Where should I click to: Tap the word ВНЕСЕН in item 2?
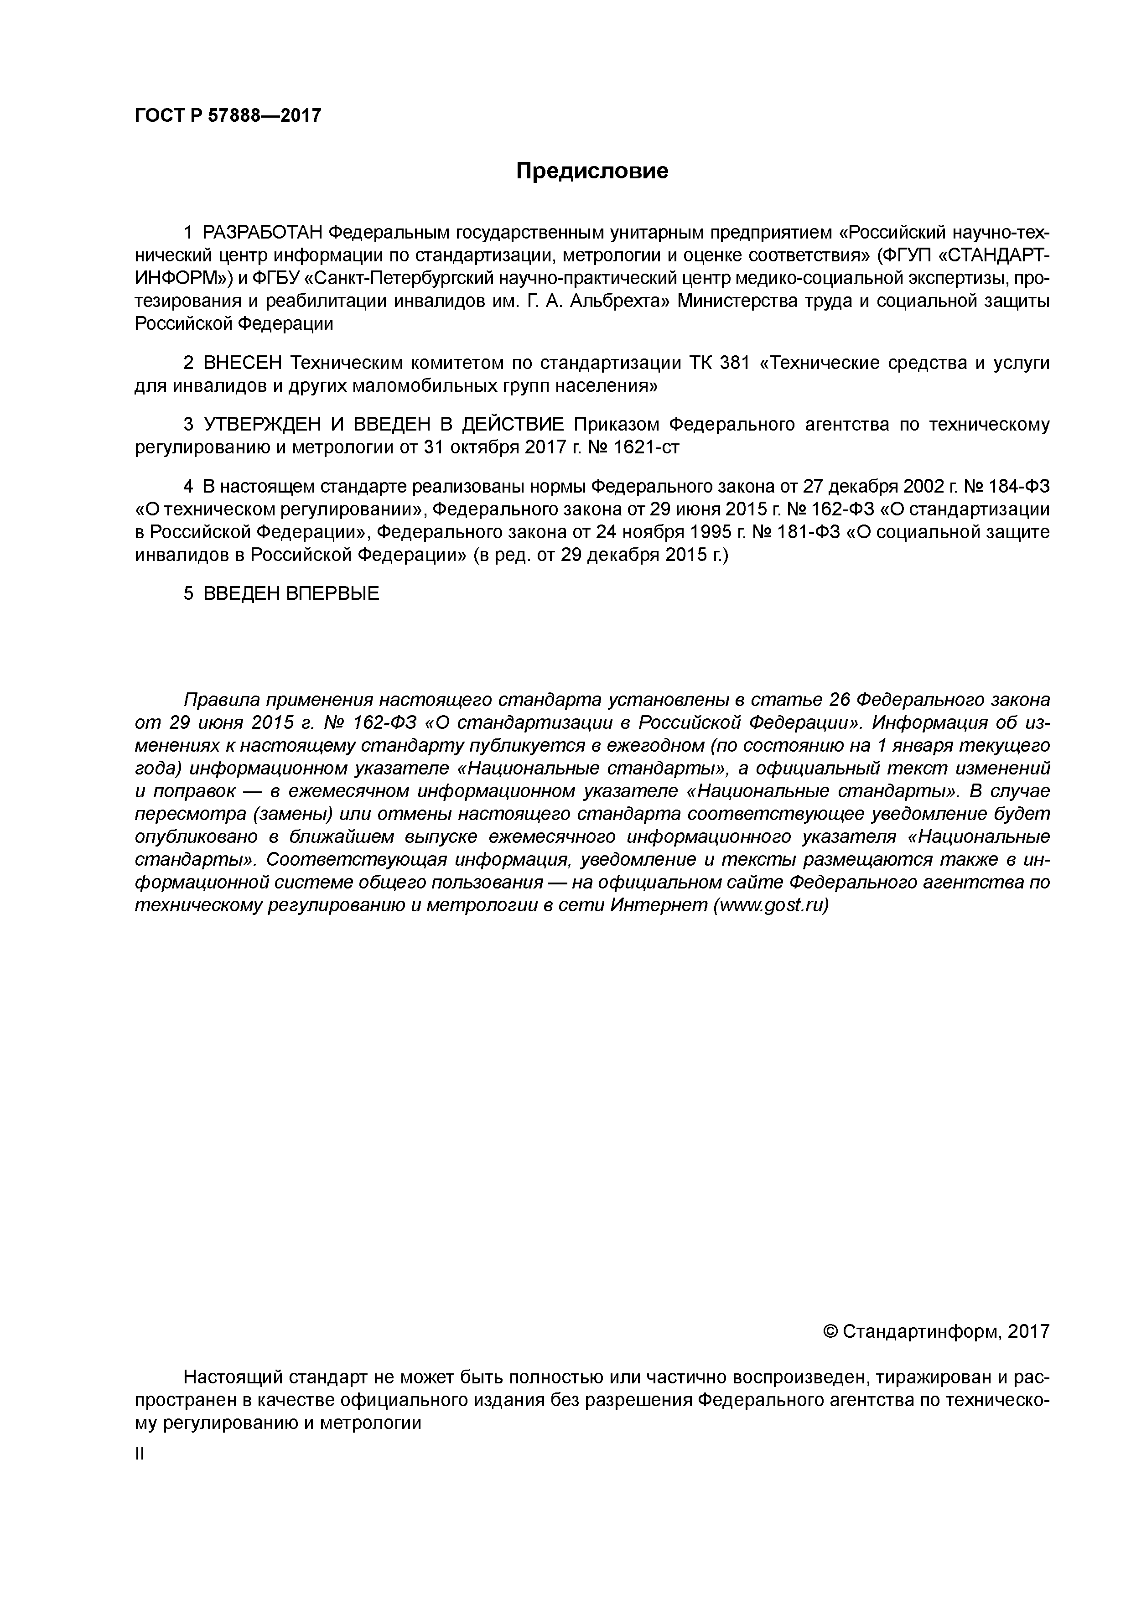click(243, 363)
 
